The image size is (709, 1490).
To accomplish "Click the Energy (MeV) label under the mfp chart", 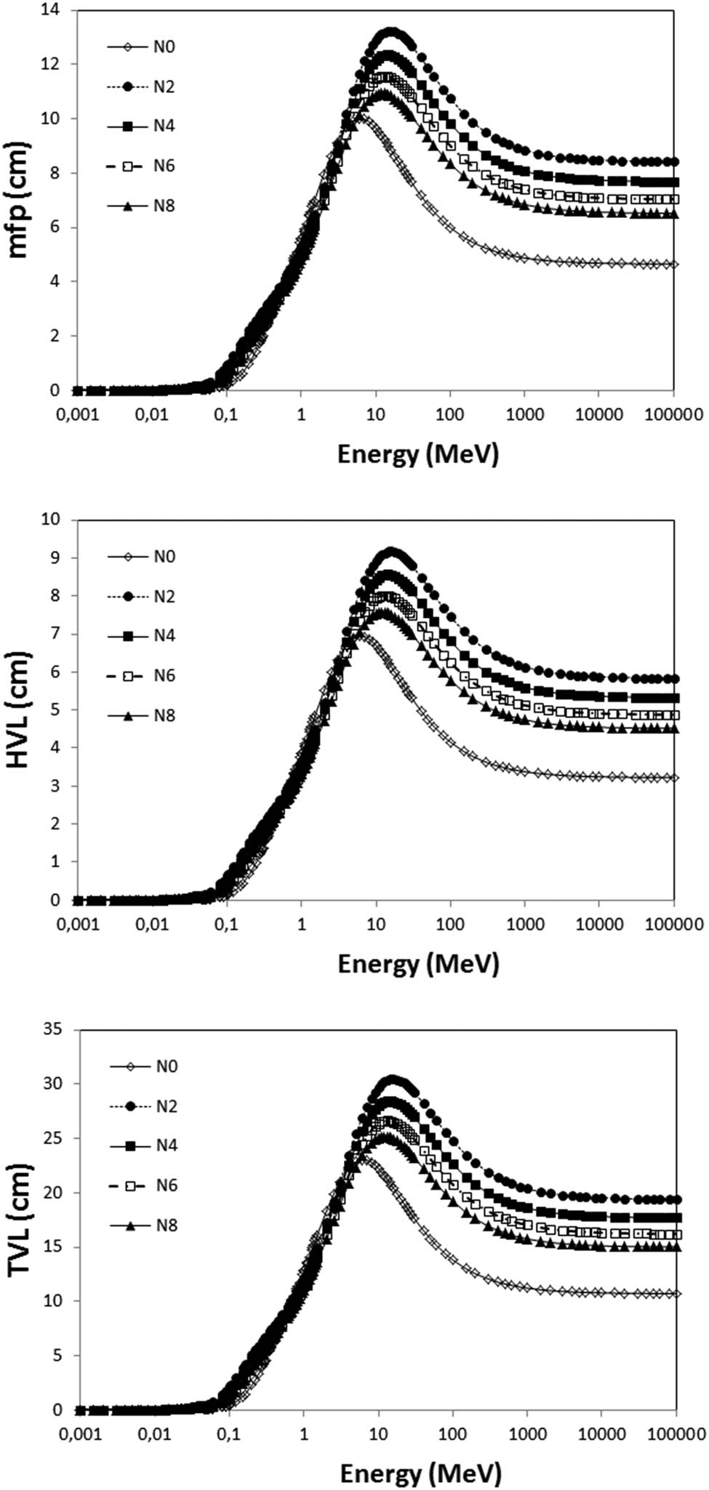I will point(418,454).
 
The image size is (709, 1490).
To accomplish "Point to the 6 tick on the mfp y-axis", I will point(55,227).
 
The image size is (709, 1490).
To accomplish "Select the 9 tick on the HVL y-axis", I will point(55,558).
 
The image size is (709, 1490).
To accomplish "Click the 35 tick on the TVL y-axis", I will point(52,1029).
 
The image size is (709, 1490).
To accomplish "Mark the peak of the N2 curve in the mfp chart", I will point(390,32).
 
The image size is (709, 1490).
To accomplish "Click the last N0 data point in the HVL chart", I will point(674,778).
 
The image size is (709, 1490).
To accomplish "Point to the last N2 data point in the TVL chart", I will point(676,1199).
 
